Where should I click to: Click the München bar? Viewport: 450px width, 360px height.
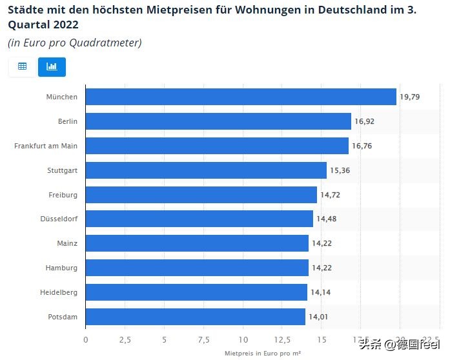[240, 97]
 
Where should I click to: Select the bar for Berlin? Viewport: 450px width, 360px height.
[218, 121]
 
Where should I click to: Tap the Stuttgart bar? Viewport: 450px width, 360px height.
[206, 170]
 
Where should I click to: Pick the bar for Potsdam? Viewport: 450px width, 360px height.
[195, 317]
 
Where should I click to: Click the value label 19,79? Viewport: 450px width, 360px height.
[409, 97]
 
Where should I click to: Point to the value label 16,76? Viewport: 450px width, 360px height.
[362, 146]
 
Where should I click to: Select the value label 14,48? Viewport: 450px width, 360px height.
[325, 219]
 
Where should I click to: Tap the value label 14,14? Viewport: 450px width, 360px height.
[320, 292]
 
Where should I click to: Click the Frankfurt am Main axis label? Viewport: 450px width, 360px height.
[46, 146]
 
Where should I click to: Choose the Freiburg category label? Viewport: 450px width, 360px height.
[63, 195]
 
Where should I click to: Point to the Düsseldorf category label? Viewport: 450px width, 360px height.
[59, 219]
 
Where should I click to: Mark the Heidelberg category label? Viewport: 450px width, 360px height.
[59, 292]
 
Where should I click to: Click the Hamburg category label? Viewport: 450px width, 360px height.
[61, 268]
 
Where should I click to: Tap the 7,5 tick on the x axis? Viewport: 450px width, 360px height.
[204, 340]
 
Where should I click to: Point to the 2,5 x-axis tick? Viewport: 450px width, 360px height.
[125, 340]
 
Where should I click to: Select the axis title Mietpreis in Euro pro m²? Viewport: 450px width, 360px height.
[263, 354]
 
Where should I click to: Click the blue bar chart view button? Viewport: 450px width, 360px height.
[52, 66]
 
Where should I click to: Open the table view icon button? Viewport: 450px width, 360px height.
[22, 66]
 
